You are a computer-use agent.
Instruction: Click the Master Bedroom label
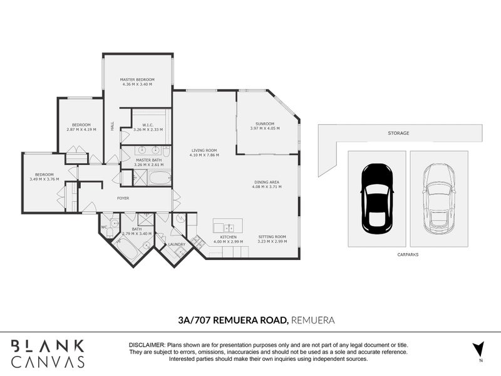137,80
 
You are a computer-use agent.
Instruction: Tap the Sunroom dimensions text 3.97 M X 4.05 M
265,128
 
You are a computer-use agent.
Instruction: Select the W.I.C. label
148,125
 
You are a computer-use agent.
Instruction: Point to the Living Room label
204,150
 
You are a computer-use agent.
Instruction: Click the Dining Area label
266,182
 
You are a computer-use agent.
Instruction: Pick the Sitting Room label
272,236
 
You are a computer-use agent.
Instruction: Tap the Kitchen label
227,237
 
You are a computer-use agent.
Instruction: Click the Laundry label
175,244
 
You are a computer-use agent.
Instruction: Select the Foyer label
123,198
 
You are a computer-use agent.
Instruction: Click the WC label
104,227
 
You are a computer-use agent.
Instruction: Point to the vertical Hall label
113,125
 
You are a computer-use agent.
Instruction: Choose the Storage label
398,133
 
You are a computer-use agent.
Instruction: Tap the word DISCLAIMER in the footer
146,345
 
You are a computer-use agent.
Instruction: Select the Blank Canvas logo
48,353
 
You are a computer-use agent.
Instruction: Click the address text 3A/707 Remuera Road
233,320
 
